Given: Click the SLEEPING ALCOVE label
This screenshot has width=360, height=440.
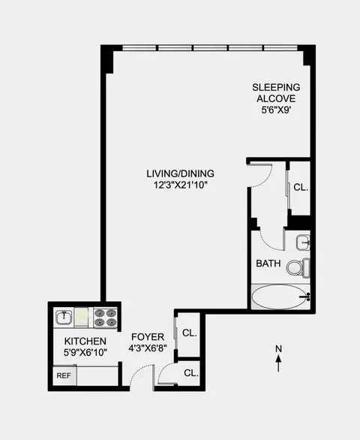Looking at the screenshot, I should (x=275, y=92).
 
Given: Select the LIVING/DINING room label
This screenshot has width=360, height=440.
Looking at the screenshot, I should (x=176, y=174).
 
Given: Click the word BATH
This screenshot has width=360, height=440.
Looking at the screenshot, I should (x=268, y=264).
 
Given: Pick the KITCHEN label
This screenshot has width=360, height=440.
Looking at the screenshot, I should (x=85, y=340).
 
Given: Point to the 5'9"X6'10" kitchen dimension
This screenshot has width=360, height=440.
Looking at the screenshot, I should (x=85, y=351).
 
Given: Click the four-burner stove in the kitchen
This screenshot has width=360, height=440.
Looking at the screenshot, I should (x=103, y=318).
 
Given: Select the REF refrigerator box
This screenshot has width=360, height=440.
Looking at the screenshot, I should (x=63, y=375).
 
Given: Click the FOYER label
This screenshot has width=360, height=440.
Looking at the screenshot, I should (x=143, y=336).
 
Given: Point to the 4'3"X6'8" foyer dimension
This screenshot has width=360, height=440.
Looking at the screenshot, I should (x=143, y=348).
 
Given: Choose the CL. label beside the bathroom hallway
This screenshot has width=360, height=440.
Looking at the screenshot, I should (x=300, y=188).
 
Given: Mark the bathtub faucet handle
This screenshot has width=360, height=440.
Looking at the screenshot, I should (x=306, y=297).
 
